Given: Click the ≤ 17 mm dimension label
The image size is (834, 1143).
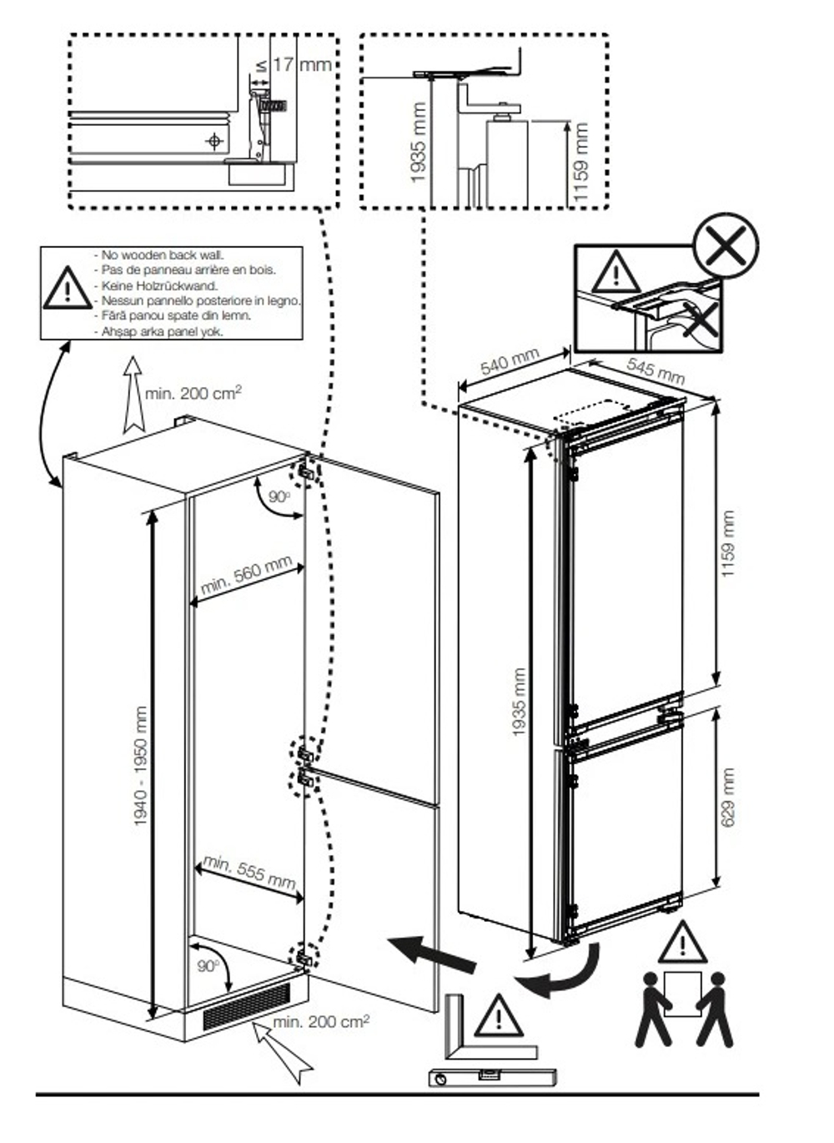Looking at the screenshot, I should click(x=294, y=65).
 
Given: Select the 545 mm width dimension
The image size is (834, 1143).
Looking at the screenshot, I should click(x=656, y=371).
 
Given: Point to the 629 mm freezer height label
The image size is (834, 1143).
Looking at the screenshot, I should click(x=729, y=798).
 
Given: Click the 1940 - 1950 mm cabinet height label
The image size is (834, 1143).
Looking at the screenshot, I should click(x=141, y=766).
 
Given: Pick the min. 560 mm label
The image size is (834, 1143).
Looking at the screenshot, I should click(x=246, y=576).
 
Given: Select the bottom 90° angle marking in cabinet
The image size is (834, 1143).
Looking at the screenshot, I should click(x=209, y=965).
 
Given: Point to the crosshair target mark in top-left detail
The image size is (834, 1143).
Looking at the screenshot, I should click(x=215, y=141).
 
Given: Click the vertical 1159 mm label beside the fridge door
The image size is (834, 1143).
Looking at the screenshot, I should click(x=729, y=544).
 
